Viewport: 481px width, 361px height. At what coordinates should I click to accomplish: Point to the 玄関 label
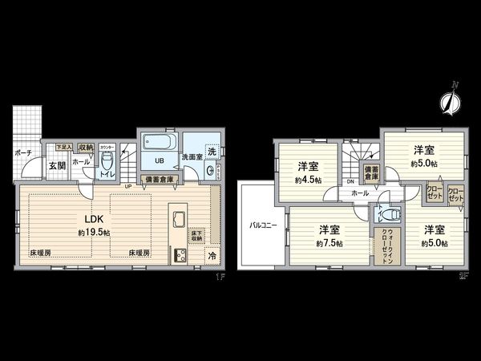(x=56, y=166)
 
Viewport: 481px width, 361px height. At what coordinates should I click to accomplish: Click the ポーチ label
(x=22, y=151)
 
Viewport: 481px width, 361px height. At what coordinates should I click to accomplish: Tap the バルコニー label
(x=262, y=225)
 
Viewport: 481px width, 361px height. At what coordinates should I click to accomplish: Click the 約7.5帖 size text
(x=329, y=243)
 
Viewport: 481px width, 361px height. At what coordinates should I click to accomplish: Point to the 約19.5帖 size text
(x=95, y=232)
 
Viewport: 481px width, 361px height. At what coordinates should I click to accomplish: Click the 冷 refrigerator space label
(x=212, y=256)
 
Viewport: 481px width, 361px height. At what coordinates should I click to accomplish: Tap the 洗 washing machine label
(x=212, y=151)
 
